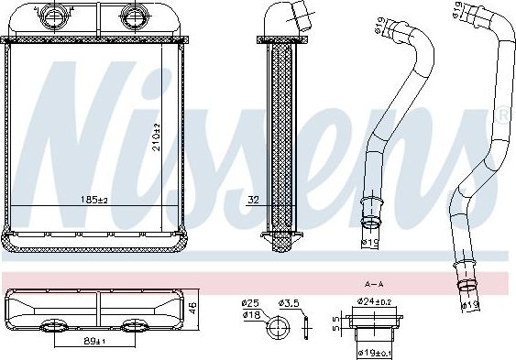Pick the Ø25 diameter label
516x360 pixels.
(249, 302)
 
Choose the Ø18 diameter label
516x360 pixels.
(249, 314)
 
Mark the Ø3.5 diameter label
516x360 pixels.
(292, 302)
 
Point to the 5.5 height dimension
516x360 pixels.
(337, 322)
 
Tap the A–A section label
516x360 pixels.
(374, 284)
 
